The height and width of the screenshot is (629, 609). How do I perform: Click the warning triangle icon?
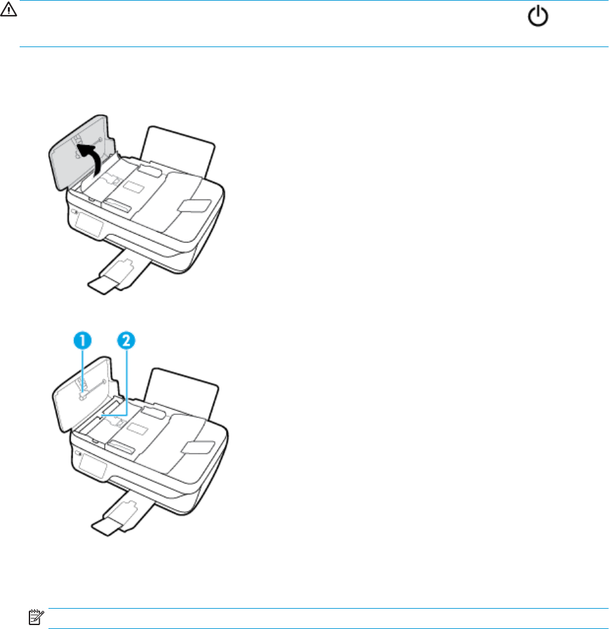pyautogui.click(x=8, y=9)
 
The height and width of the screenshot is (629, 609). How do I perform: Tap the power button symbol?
pyautogui.click(x=538, y=17)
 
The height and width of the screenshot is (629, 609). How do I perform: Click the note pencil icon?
pyautogui.click(x=36, y=617)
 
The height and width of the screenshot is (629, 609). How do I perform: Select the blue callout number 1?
pyautogui.click(x=83, y=340)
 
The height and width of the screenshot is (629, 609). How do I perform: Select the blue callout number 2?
pyautogui.click(x=126, y=340)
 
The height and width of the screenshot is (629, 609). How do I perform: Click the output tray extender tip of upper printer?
pyautogui.click(x=103, y=285)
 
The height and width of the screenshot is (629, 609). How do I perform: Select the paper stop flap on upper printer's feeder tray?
pyautogui.click(x=194, y=206)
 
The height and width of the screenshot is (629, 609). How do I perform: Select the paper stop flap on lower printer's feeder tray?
pyautogui.click(x=198, y=448)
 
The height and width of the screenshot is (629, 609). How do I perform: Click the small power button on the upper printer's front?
pyautogui.click(x=74, y=211)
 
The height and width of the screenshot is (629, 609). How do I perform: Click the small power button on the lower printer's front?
pyautogui.click(x=77, y=454)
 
